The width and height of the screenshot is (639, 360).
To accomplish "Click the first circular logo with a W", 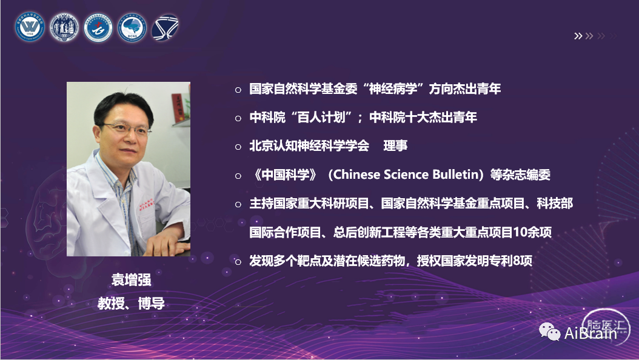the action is pos(30,27).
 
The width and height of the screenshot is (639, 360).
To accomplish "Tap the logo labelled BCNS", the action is pos(132,28).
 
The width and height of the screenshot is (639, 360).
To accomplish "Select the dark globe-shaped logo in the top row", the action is pos(165,28).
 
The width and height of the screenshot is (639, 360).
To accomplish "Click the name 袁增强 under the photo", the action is pos(131,280).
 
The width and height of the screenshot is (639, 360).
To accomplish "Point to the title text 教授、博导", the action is pos(131,304).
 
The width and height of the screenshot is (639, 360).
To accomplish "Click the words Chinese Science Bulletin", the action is pos(406,175).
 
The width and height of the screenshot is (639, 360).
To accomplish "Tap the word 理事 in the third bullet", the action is pos(395,146).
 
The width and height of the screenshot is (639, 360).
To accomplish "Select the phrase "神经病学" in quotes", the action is pos(393,88).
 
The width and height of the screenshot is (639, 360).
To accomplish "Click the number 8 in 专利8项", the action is pos(517,261).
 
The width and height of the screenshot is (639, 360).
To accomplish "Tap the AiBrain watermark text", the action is pos(590,333).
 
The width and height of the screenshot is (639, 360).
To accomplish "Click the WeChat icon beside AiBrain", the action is pos(550,332).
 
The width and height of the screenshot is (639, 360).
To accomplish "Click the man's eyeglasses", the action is pos(125,128).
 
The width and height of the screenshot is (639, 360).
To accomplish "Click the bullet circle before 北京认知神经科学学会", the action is pos(238,147).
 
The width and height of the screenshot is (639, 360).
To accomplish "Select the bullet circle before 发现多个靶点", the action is pos(238,262).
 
